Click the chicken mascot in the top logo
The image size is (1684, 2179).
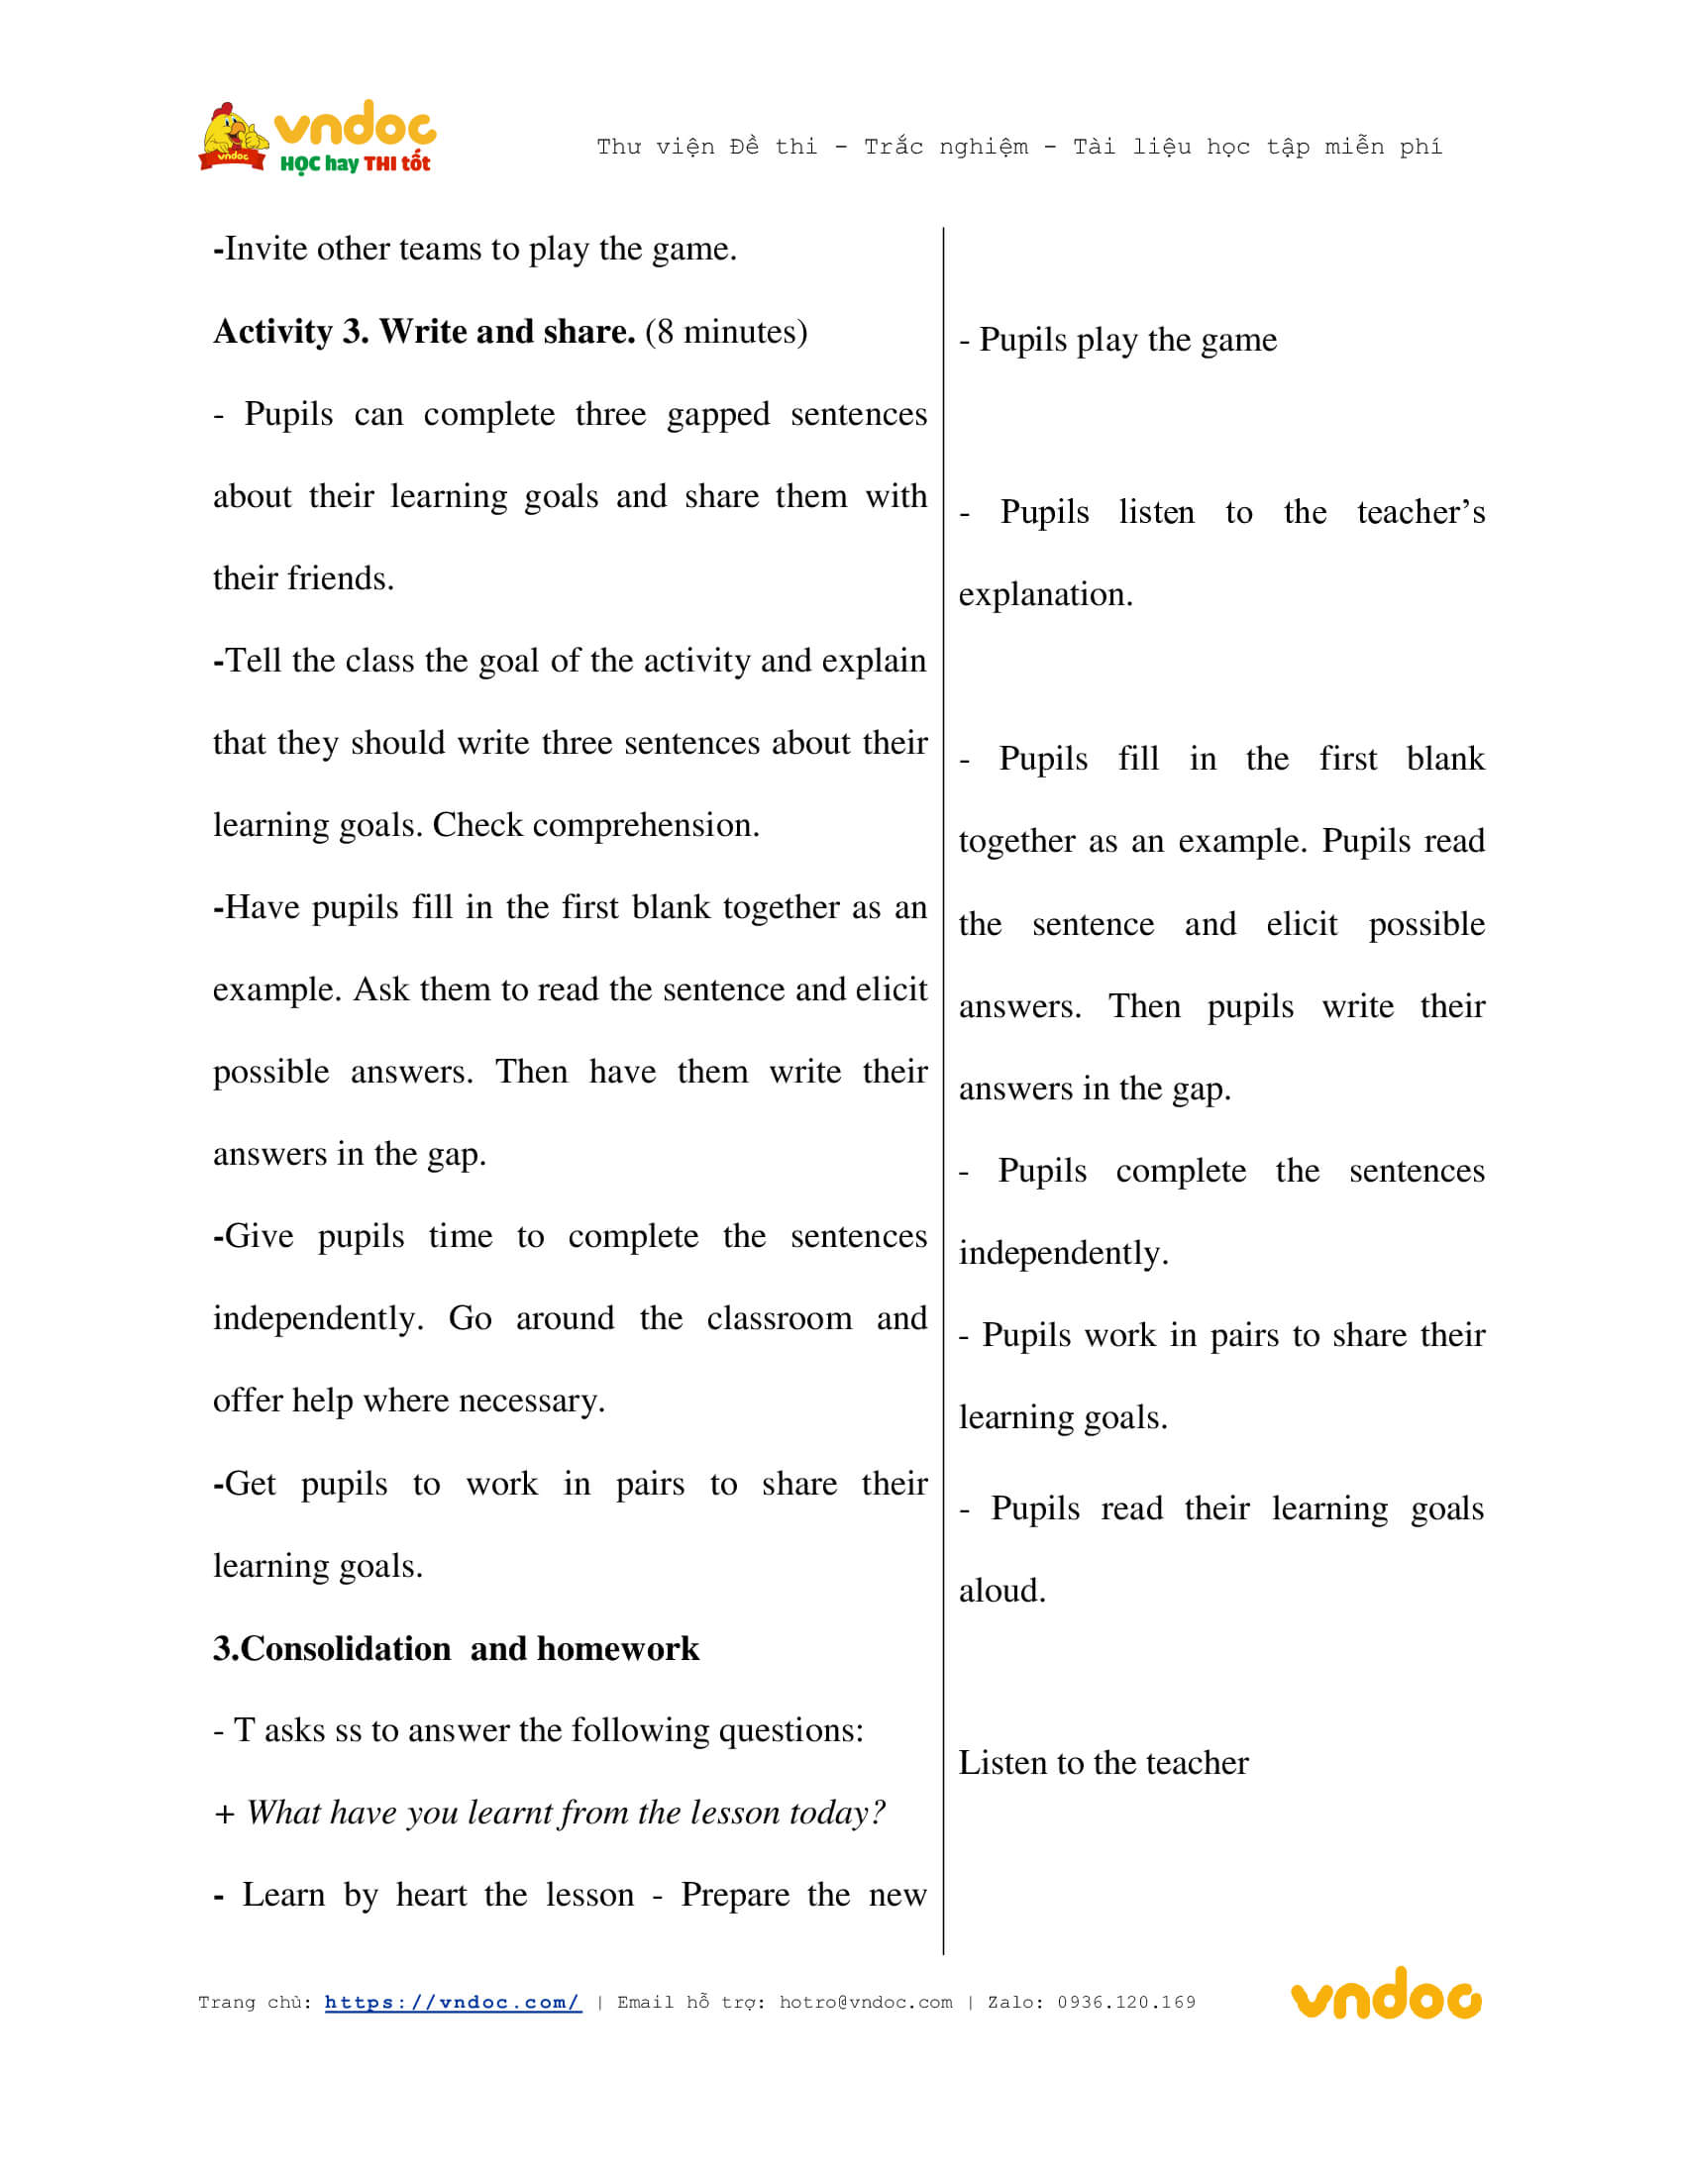click(x=233, y=137)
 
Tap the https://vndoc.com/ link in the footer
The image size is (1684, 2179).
click(x=453, y=2003)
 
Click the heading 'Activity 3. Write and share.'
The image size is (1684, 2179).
click(x=424, y=331)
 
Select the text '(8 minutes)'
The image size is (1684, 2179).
click(x=726, y=331)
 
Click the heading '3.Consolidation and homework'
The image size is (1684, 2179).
click(x=456, y=1648)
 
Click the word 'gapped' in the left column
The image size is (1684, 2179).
click(x=718, y=414)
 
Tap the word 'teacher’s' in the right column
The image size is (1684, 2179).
click(x=1420, y=512)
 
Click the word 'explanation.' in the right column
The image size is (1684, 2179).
click(x=1045, y=594)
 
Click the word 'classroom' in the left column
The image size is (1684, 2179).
click(x=780, y=1318)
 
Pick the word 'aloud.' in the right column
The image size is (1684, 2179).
click(x=1001, y=1591)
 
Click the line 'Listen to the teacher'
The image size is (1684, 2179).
click(x=1104, y=1763)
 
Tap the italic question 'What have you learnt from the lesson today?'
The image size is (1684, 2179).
click(x=566, y=1813)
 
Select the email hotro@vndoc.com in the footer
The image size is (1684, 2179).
click(x=865, y=2003)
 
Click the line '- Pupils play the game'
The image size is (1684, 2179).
click(x=1117, y=340)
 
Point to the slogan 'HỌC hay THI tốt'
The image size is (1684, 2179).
click(x=356, y=163)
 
